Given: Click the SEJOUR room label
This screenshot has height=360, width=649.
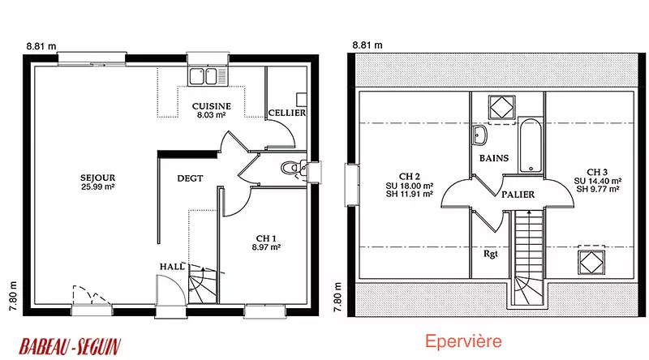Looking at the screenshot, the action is pyautogui.click(x=97, y=178).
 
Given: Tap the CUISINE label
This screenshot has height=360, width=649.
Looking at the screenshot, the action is pyautogui.click(x=212, y=106).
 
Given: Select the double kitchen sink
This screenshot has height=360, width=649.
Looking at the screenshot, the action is pyautogui.click(x=208, y=76).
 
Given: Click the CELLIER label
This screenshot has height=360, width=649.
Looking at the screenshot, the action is pyautogui.click(x=287, y=113).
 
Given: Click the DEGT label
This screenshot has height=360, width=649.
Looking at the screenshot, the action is pyautogui.click(x=190, y=178).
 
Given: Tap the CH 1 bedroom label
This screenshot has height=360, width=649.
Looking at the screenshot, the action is pyautogui.click(x=266, y=238).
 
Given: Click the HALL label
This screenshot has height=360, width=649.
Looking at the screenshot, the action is pyautogui.click(x=172, y=267).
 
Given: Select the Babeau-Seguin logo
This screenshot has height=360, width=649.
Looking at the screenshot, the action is pyautogui.click(x=70, y=346).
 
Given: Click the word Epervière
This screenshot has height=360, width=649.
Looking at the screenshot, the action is pyautogui.click(x=463, y=341).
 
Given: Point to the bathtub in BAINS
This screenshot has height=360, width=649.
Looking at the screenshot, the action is pyautogui.click(x=531, y=145).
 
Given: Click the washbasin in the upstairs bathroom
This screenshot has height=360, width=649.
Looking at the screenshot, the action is pyautogui.click(x=480, y=135).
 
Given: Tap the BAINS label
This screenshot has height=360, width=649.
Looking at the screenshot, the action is pyautogui.click(x=494, y=158).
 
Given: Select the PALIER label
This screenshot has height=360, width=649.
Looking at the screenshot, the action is pyautogui.click(x=518, y=195).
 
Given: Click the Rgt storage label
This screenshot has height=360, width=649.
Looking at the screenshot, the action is pyautogui.click(x=491, y=254).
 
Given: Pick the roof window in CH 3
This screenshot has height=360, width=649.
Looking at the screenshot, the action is pyautogui.click(x=591, y=262).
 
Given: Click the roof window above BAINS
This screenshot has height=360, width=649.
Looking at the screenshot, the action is pyautogui.click(x=502, y=108).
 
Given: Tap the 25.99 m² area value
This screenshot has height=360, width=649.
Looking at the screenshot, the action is pyautogui.click(x=97, y=186).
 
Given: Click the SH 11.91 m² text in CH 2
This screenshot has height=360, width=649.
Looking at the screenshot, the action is pyautogui.click(x=410, y=194).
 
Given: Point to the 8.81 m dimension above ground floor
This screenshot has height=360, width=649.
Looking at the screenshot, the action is pyautogui.click(x=41, y=46).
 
